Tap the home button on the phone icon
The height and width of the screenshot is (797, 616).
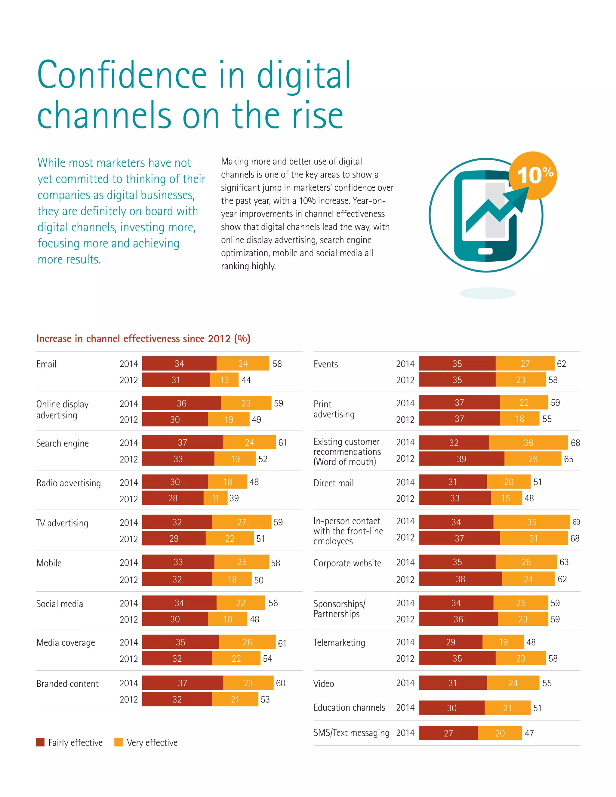pyautogui.click(x=485, y=251)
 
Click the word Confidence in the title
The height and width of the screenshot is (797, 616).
pyautogui.click(x=122, y=75)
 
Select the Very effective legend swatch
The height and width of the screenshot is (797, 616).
pyautogui.click(x=118, y=742)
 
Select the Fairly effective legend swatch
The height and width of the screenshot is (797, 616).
pyautogui.click(x=40, y=742)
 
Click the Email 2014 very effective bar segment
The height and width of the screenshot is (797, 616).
pyautogui.click(x=243, y=364)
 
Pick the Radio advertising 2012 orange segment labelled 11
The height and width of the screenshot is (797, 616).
pyautogui.click(x=215, y=498)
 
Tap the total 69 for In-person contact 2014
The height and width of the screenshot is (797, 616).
pyautogui.click(x=576, y=522)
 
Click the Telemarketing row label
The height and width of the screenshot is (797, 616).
pyautogui.click(x=339, y=642)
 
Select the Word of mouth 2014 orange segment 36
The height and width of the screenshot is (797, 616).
pyautogui.click(x=528, y=443)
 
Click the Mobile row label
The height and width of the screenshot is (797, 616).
pyautogui.click(x=49, y=563)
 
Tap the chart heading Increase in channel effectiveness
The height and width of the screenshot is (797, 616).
pyautogui.click(x=143, y=339)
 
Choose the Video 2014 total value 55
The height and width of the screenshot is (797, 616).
pyautogui.click(x=547, y=683)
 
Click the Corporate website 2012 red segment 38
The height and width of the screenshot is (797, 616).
pyautogui.click(x=460, y=579)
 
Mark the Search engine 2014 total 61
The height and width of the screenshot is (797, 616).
pyautogui.click(x=282, y=443)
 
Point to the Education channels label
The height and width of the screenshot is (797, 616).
pyautogui.click(x=349, y=708)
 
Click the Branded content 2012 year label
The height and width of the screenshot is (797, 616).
pyautogui.click(x=128, y=699)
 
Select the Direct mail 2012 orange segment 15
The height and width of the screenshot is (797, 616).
pyautogui.click(x=506, y=498)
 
